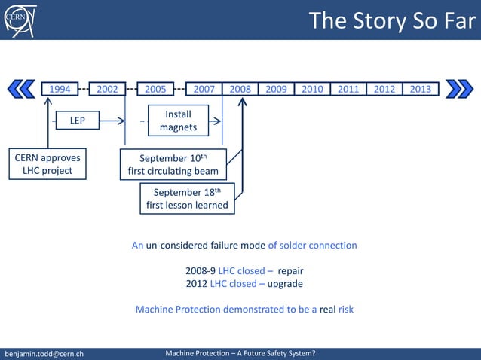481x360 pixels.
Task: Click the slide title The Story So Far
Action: [x=391, y=20]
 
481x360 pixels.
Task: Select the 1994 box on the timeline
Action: [x=60, y=89]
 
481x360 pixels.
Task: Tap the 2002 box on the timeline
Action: [x=107, y=89]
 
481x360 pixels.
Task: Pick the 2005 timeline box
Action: [x=155, y=89]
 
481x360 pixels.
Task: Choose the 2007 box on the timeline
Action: [x=204, y=89]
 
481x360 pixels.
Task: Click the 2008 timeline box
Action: [x=240, y=89]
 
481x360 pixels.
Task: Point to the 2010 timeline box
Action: [x=312, y=89]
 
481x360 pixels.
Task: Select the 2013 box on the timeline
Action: [x=421, y=89]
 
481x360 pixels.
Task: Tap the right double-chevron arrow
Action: [x=459, y=89]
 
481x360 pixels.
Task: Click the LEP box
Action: [x=78, y=121]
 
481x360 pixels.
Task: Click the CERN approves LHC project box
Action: [x=47, y=164]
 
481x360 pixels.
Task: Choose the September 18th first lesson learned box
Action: [x=187, y=198]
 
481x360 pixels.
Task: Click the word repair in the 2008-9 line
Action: [x=290, y=270]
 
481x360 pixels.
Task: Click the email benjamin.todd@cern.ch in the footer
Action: [x=44, y=353]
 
